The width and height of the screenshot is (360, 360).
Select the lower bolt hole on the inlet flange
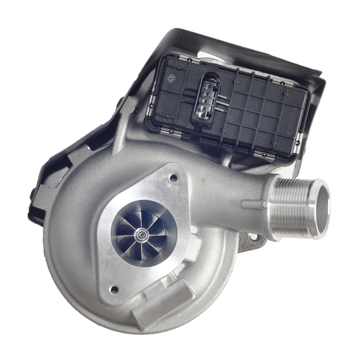tap(115, 289)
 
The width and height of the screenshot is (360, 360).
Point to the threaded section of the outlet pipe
tap(292, 196)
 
